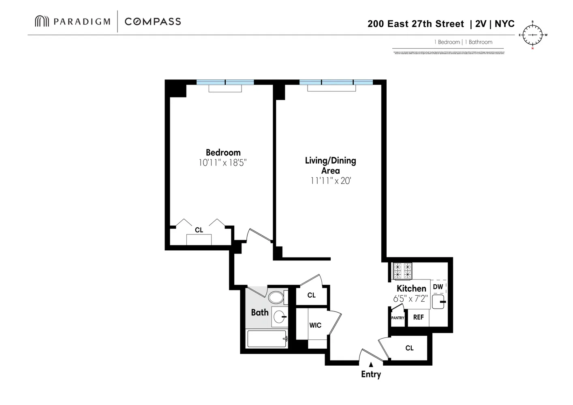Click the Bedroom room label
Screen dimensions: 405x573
coord(223,153)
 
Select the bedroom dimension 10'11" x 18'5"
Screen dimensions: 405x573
coord(222,163)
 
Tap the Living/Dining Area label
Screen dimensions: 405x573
coord(330,165)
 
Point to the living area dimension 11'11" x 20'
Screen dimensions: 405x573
coord(330,181)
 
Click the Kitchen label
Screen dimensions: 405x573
coord(411,288)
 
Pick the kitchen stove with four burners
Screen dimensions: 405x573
coord(402,271)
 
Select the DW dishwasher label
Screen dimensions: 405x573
coord(438,287)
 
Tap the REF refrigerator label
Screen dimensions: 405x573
coord(418,317)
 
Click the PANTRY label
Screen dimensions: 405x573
coord(398,318)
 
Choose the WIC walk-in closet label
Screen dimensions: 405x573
coord(315,325)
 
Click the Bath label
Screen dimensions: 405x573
coord(260,312)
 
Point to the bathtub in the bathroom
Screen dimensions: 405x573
coord(267,339)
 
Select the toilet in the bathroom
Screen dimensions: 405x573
coord(276,297)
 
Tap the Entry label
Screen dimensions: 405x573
coord(371,374)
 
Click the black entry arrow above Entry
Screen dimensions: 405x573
coord(371,364)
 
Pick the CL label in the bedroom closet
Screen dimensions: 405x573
coord(199,230)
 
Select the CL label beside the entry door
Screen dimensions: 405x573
coord(409,348)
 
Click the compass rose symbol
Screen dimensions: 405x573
coord(532,35)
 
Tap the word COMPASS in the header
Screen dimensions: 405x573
coord(153,21)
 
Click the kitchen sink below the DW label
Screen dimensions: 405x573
coord(438,302)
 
